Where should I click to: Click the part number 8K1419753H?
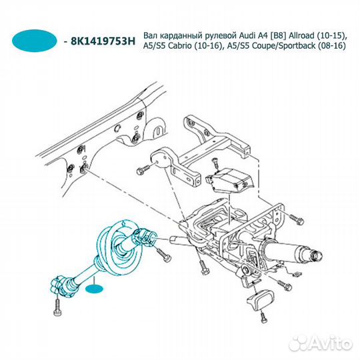coord(103,41)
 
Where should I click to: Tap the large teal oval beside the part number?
coord(35,41)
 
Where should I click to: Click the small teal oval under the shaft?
coord(95,289)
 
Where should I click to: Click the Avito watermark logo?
coord(321,344)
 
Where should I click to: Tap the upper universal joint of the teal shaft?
coord(145,238)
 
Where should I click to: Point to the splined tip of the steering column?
coord(316,255)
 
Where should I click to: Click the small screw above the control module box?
coord(215,163)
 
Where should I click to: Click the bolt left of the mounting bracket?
coord(144,170)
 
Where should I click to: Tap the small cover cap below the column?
coord(261,299)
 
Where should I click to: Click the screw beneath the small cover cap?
coord(264,317)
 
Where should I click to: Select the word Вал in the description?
coord(150,36)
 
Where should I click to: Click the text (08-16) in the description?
coord(332,47)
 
